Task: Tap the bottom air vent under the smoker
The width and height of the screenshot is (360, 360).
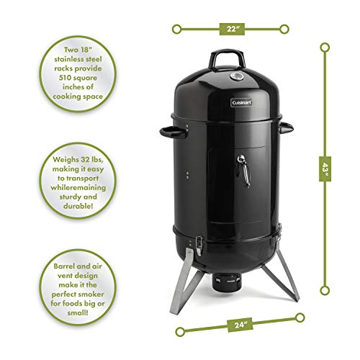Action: (230, 284)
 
